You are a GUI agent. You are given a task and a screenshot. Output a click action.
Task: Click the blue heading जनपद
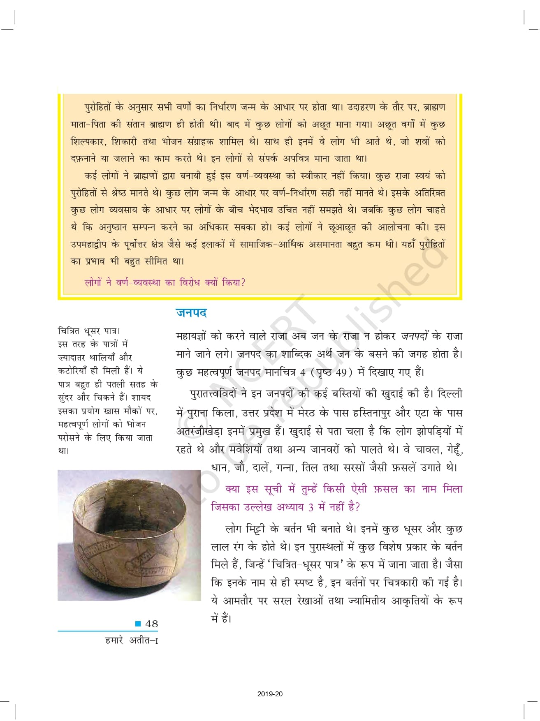click(191, 313)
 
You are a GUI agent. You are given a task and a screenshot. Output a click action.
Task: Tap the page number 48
click(151, 624)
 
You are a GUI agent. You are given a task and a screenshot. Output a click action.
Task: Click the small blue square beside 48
click(139, 624)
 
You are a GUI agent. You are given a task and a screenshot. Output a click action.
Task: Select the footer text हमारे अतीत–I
click(132, 640)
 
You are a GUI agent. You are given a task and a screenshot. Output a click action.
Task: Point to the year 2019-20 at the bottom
click(270, 694)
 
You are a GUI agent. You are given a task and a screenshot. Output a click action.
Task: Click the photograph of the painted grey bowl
click(129, 535)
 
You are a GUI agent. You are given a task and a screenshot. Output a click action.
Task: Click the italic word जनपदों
click(415, 336)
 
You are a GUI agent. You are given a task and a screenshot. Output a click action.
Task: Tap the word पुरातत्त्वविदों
click(213, 394)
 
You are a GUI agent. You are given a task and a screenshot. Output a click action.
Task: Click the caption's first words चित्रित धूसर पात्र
click(88, 330)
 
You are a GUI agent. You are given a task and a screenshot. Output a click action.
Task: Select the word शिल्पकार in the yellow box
click(88, 141)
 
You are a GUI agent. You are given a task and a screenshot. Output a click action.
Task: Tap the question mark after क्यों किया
click(243, 282)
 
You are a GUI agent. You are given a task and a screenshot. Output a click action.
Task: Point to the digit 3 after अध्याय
click(311, 507)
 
